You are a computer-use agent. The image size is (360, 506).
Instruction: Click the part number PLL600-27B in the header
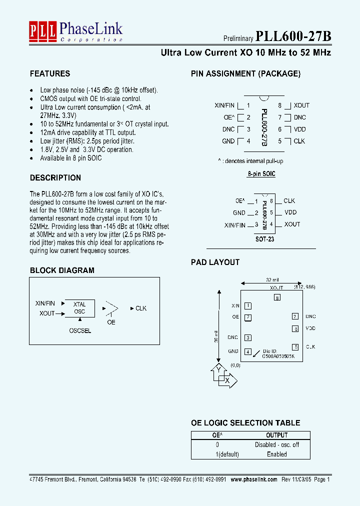point(293,36)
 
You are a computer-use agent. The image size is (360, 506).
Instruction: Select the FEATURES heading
point(50,73)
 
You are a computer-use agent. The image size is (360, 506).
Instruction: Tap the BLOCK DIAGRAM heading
point(62,270)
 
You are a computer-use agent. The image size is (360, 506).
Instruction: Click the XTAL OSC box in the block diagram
point(79,308)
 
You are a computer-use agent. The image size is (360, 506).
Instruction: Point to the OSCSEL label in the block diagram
point(80,331)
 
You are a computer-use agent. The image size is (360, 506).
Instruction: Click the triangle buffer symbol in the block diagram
point(111,308)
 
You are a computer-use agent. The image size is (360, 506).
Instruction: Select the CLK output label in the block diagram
point(141,308)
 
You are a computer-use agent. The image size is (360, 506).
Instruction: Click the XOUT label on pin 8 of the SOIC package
point(301,105)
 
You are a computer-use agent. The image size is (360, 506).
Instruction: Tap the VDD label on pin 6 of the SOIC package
point(300,129)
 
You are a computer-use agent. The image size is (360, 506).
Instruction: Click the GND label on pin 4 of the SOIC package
point(228,141)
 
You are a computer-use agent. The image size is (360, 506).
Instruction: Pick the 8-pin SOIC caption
point(261,174)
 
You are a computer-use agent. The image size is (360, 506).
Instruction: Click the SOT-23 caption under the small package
point(264,239)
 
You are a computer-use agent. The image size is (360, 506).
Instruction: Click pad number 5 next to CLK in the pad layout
point(296,346)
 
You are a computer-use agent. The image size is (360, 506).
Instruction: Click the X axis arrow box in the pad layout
point(227,381)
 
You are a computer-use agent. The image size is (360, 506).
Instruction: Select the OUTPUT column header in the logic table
point(276,435)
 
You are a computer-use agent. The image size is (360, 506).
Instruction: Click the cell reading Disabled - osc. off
point(276,444)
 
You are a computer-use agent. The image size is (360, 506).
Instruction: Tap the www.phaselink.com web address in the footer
point(254,479)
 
